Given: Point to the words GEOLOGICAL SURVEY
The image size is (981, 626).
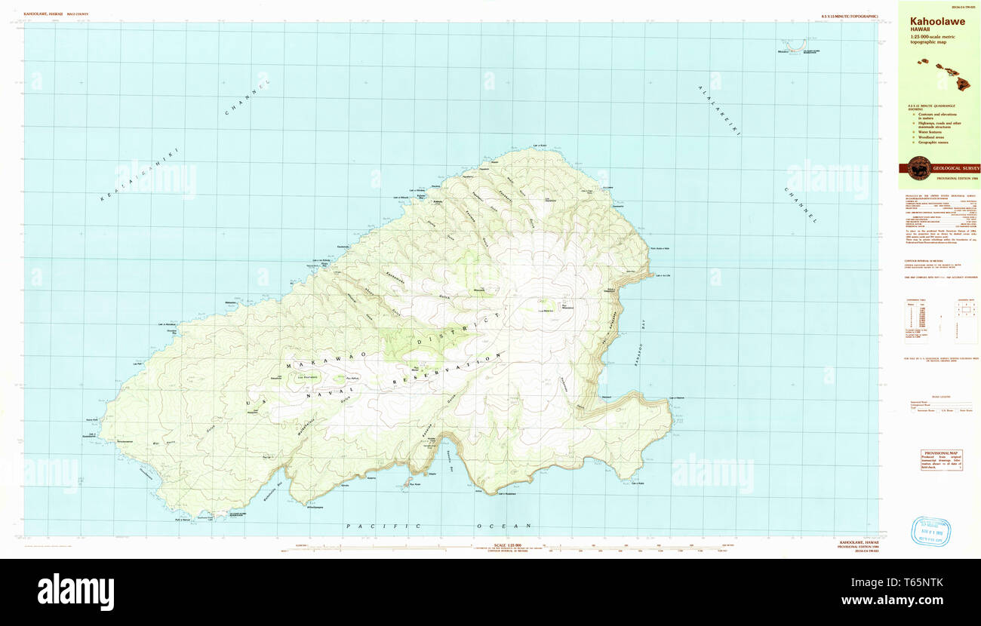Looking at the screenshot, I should (x=956, y=168).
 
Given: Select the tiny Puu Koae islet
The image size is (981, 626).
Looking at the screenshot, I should (x=408, y=482).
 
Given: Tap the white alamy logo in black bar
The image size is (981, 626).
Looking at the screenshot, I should (x=75, y=592).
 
